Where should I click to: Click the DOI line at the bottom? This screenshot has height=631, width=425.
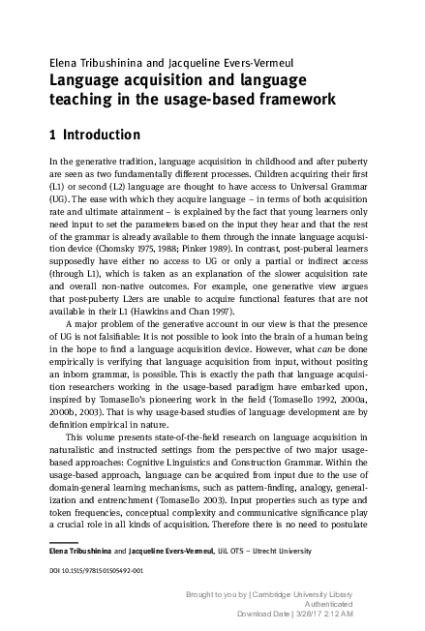[x=96, y=570]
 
